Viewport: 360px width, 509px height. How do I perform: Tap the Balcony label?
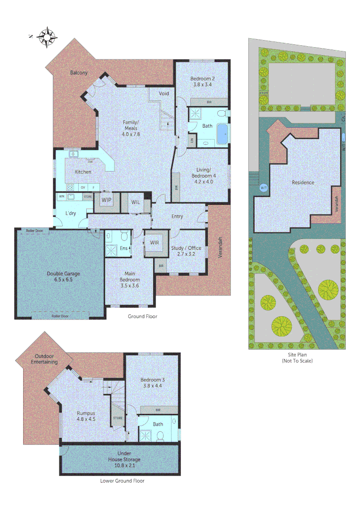pos(79,73)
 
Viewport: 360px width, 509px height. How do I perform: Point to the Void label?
pos(164,94)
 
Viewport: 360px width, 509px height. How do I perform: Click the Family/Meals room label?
pos(131,128)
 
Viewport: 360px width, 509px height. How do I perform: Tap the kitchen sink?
pos(74,154)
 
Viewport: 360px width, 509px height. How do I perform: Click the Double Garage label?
pos(59,276)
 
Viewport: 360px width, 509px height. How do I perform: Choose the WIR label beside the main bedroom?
pos(154,243)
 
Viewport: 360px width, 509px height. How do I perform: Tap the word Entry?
pos(177,216)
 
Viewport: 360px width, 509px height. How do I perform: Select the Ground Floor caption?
pos(142,317)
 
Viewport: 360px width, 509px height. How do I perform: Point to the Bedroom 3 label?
pos(151,382)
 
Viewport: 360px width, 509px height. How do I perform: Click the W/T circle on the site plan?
pos(263,188)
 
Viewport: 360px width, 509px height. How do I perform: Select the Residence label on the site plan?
pos(303,182)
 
